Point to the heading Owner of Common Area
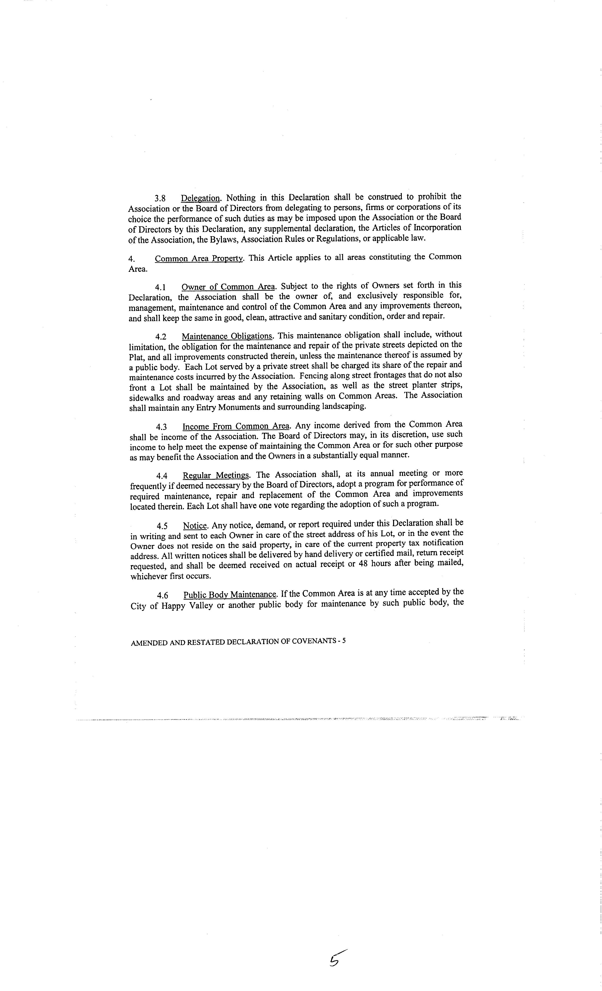pos(228,287)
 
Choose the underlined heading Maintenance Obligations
pos(227,336)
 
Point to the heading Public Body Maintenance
pos(230,594)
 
